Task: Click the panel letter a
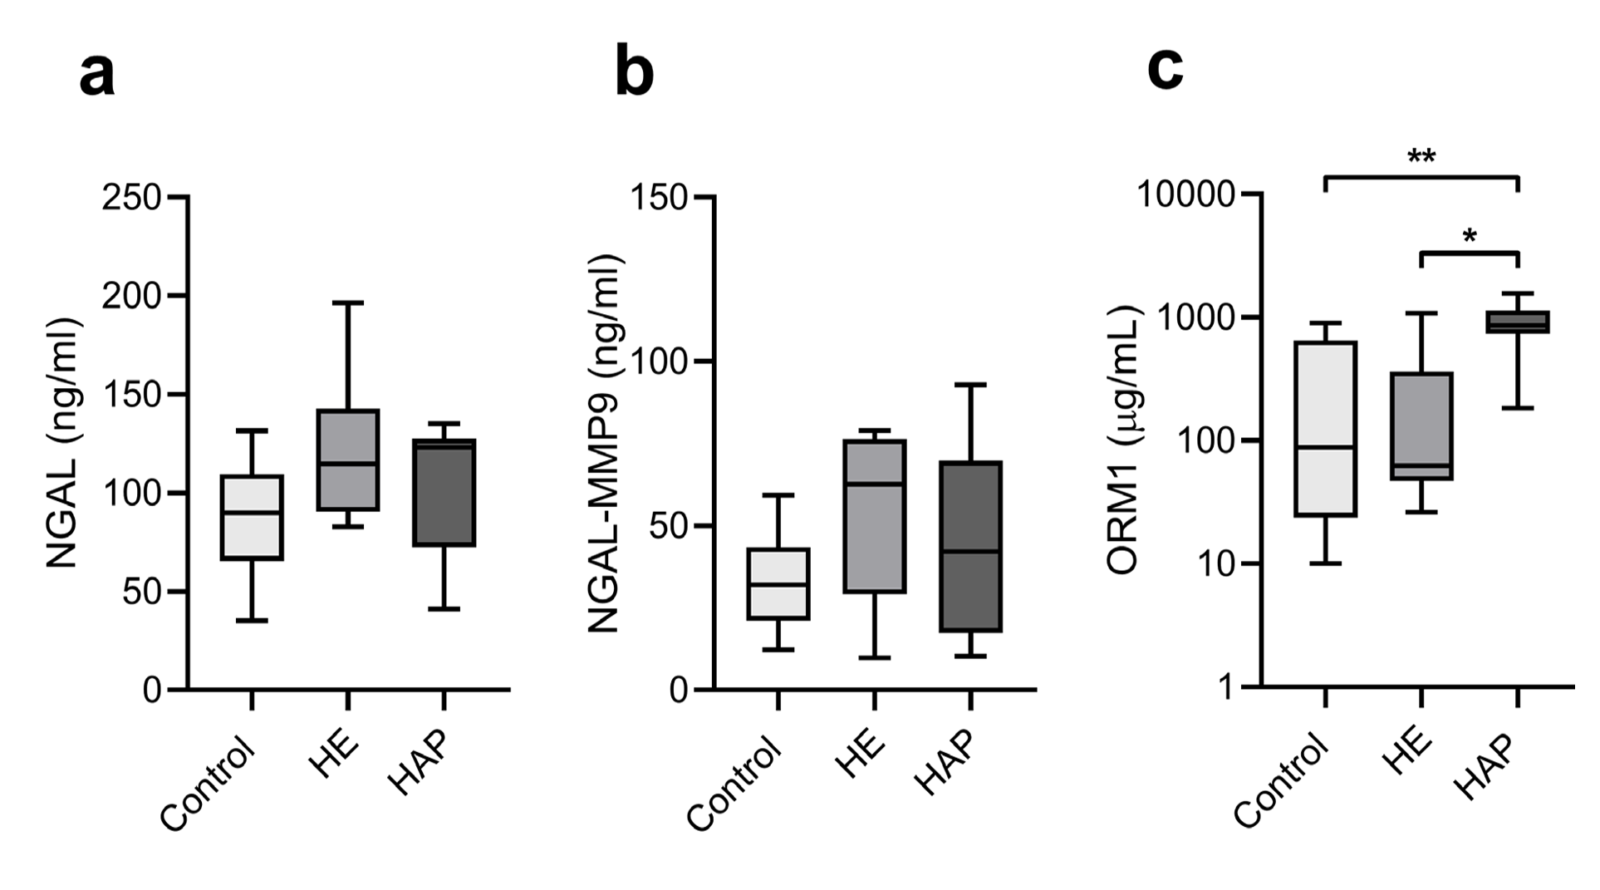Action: (x=97, y=75)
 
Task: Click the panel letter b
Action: (x=635, y=73)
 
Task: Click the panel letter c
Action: (x=1165, y=68)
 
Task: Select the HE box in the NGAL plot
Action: (x=348, y=460)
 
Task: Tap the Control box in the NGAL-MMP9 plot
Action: (x=778, y=583)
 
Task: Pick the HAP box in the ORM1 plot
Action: (x=1518, y=322)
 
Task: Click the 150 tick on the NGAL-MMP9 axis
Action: (x=659, y=198)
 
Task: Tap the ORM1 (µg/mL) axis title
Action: (x=1125, y=440)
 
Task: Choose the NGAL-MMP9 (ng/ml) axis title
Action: (x=606, y=443)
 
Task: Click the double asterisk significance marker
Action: (x=1421, y=155)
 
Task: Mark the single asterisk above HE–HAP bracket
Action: (x=1470, y=236)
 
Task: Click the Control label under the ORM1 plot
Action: (x=1280, y=781)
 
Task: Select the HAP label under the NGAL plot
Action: (x=419, y=763)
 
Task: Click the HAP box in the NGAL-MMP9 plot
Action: (x=970, y=546)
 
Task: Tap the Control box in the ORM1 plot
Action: (x=1325, y=429)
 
